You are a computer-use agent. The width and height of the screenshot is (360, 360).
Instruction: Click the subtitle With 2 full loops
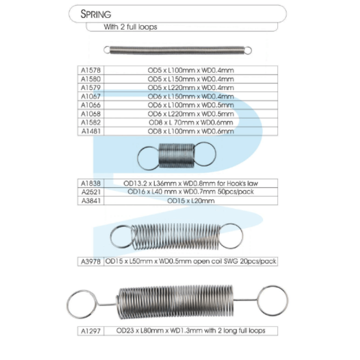[x=130, y=27]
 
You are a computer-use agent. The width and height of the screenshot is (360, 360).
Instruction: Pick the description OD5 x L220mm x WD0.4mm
[x=191, y=87]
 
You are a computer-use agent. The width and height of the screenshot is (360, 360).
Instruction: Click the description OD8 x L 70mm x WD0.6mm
[x=191, y=122]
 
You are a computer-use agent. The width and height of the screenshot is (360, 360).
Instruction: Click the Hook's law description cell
[x=191, y=183]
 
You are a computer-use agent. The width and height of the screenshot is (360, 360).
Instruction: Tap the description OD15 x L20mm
[x=191, y=200]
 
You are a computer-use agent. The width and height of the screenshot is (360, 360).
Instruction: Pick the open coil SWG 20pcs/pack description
[x=191, y=261]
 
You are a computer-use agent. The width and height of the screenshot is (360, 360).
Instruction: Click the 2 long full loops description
[x=191, y=331]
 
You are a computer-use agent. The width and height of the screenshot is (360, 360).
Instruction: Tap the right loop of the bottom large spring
[x=272, y=299]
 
